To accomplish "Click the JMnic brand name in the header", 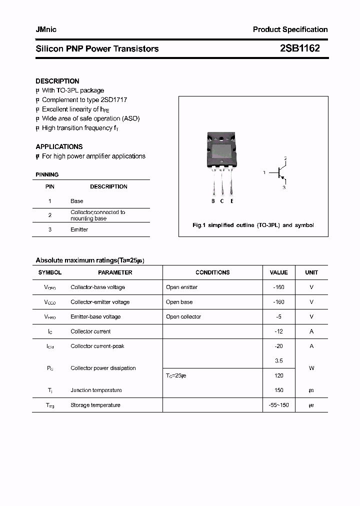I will pyautogui.click(x=46, y=29).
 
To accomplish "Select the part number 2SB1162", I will pyautogui.click(x=299, y=48).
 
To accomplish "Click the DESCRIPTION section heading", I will pyautogui.click(x=57, y=81).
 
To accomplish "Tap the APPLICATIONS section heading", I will pyautogui.click(x=59, y=146).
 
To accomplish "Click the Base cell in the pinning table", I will pyautogui.click(x=77, y=201).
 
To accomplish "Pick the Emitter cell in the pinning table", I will pyautogui.click(x=79, y=229).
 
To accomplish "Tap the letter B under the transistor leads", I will pyautogui.click(x=213, y=201).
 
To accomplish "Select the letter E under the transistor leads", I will pyautogui.click(x=231, y=201).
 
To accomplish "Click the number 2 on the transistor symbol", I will pyautogui.click(x=285, y=158).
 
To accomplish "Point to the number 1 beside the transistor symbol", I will pyautogui.click(x=264, y=172).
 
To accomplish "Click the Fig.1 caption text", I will pyautogui.click(x=253, y=225).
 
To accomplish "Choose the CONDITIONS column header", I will pyautogui.click(x=212, y=272).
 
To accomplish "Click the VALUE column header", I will pyautogui.click(x=278, y=272).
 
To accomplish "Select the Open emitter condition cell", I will pyautogui.click(x=181, y=287).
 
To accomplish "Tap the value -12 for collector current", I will pyautogui.click(x=278, y=331).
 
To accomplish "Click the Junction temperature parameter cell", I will pyautogui.click(x=96, y=390).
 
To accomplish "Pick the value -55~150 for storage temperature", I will pyautogui.click(x=278, y=405).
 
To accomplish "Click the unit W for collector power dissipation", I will pyautogui.click(x=311, y=368).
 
